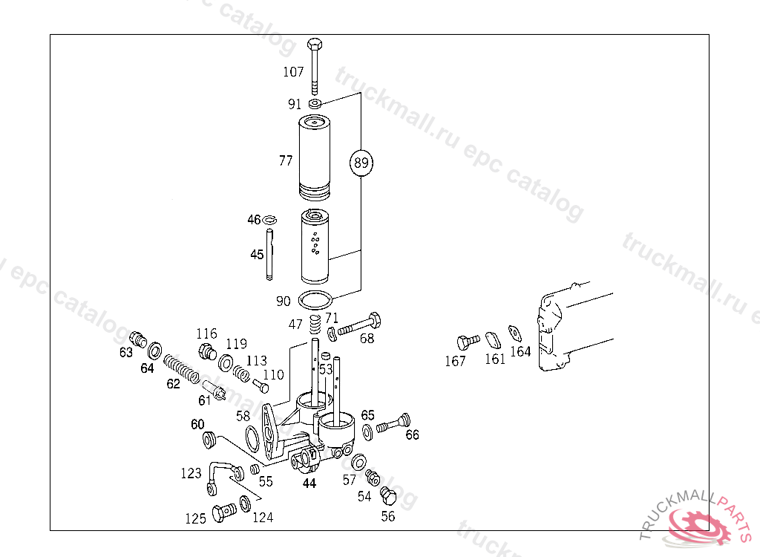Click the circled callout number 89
361,163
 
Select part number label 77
286,160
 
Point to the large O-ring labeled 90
315,300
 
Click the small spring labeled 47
314,325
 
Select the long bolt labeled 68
360,326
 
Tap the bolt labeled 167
465,343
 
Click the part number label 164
520,351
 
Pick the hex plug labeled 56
386,495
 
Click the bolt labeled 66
396,425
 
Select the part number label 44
309,483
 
